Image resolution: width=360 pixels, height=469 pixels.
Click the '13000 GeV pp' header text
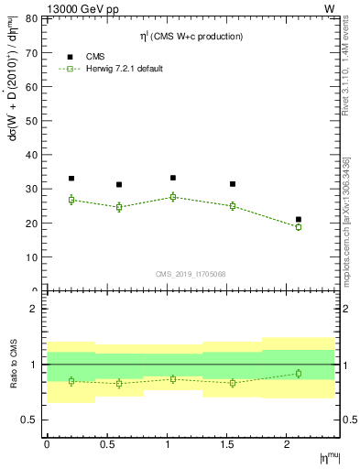tap(48, 8)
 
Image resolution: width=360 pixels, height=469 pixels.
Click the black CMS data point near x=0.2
tap(71, 179)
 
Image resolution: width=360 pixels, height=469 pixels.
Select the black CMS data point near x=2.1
tap(299, 220)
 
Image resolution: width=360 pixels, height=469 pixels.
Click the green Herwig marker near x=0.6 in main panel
tap(119, 207)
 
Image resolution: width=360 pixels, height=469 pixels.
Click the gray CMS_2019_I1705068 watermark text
tap(191, 273)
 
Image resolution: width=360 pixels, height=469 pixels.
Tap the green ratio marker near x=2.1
tap(299, 373)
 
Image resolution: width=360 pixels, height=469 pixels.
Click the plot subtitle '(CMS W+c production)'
tap(198, 37)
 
